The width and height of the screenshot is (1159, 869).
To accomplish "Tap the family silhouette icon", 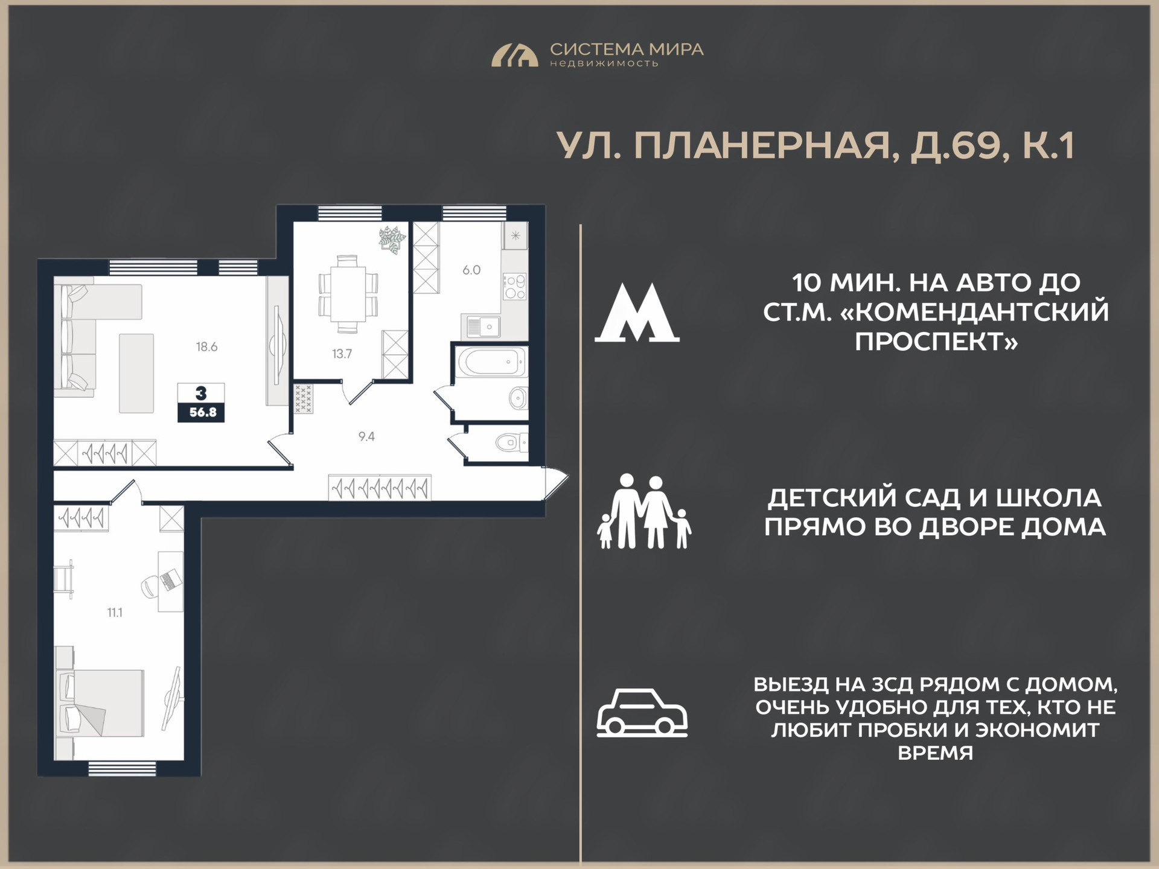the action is click(x=644, y=511).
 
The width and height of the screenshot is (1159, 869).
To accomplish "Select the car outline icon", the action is click(x=642, y=713).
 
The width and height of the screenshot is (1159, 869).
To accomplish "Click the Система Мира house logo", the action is click(x=514, y=55).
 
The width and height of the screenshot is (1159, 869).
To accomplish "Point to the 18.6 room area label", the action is click(x=206, y=347).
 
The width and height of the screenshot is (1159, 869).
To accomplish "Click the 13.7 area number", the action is click(x=342, y=354).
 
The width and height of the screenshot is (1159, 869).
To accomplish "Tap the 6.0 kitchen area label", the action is click(x=471, y=270).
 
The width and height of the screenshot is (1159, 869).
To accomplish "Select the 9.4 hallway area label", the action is click(x=366, y=436).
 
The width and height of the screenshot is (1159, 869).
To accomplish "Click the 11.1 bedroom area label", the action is click(x=115, y=613).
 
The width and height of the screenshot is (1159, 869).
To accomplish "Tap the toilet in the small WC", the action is click(x=511, y=444).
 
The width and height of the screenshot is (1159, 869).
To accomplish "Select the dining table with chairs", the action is click(x=348, y=294).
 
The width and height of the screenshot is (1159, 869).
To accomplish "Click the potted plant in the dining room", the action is click(x=392, y=240).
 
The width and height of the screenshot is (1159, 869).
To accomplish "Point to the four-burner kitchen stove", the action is click(x=515, y=287).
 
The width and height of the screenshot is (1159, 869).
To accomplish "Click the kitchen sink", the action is click(x=481, y=326).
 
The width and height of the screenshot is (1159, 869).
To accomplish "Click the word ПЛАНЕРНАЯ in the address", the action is click(x=762, y=146).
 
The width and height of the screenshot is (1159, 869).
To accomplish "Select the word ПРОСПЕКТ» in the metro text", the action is click(x=936, y=342).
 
